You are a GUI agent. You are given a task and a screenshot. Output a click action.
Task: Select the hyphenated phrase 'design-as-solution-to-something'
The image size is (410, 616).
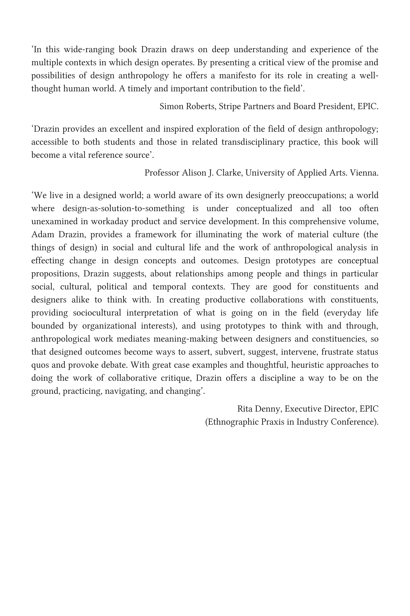point(123,209)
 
